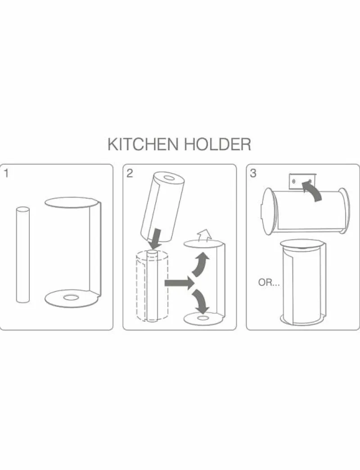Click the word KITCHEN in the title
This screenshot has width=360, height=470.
[143, 144]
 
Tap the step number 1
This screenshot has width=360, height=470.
[6, 173]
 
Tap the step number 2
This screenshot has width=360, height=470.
[130, 173]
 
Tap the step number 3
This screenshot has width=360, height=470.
[253, 173]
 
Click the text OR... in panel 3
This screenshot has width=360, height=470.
[269, 282]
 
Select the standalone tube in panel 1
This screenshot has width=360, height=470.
[23, 255]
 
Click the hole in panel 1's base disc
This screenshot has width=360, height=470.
[72, 298]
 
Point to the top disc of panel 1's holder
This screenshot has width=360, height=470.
[71, 202]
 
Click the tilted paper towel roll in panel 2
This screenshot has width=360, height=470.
[162, 207]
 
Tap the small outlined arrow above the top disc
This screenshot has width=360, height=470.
[204, 235]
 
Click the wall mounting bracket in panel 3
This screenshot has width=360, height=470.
[302, 181]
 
